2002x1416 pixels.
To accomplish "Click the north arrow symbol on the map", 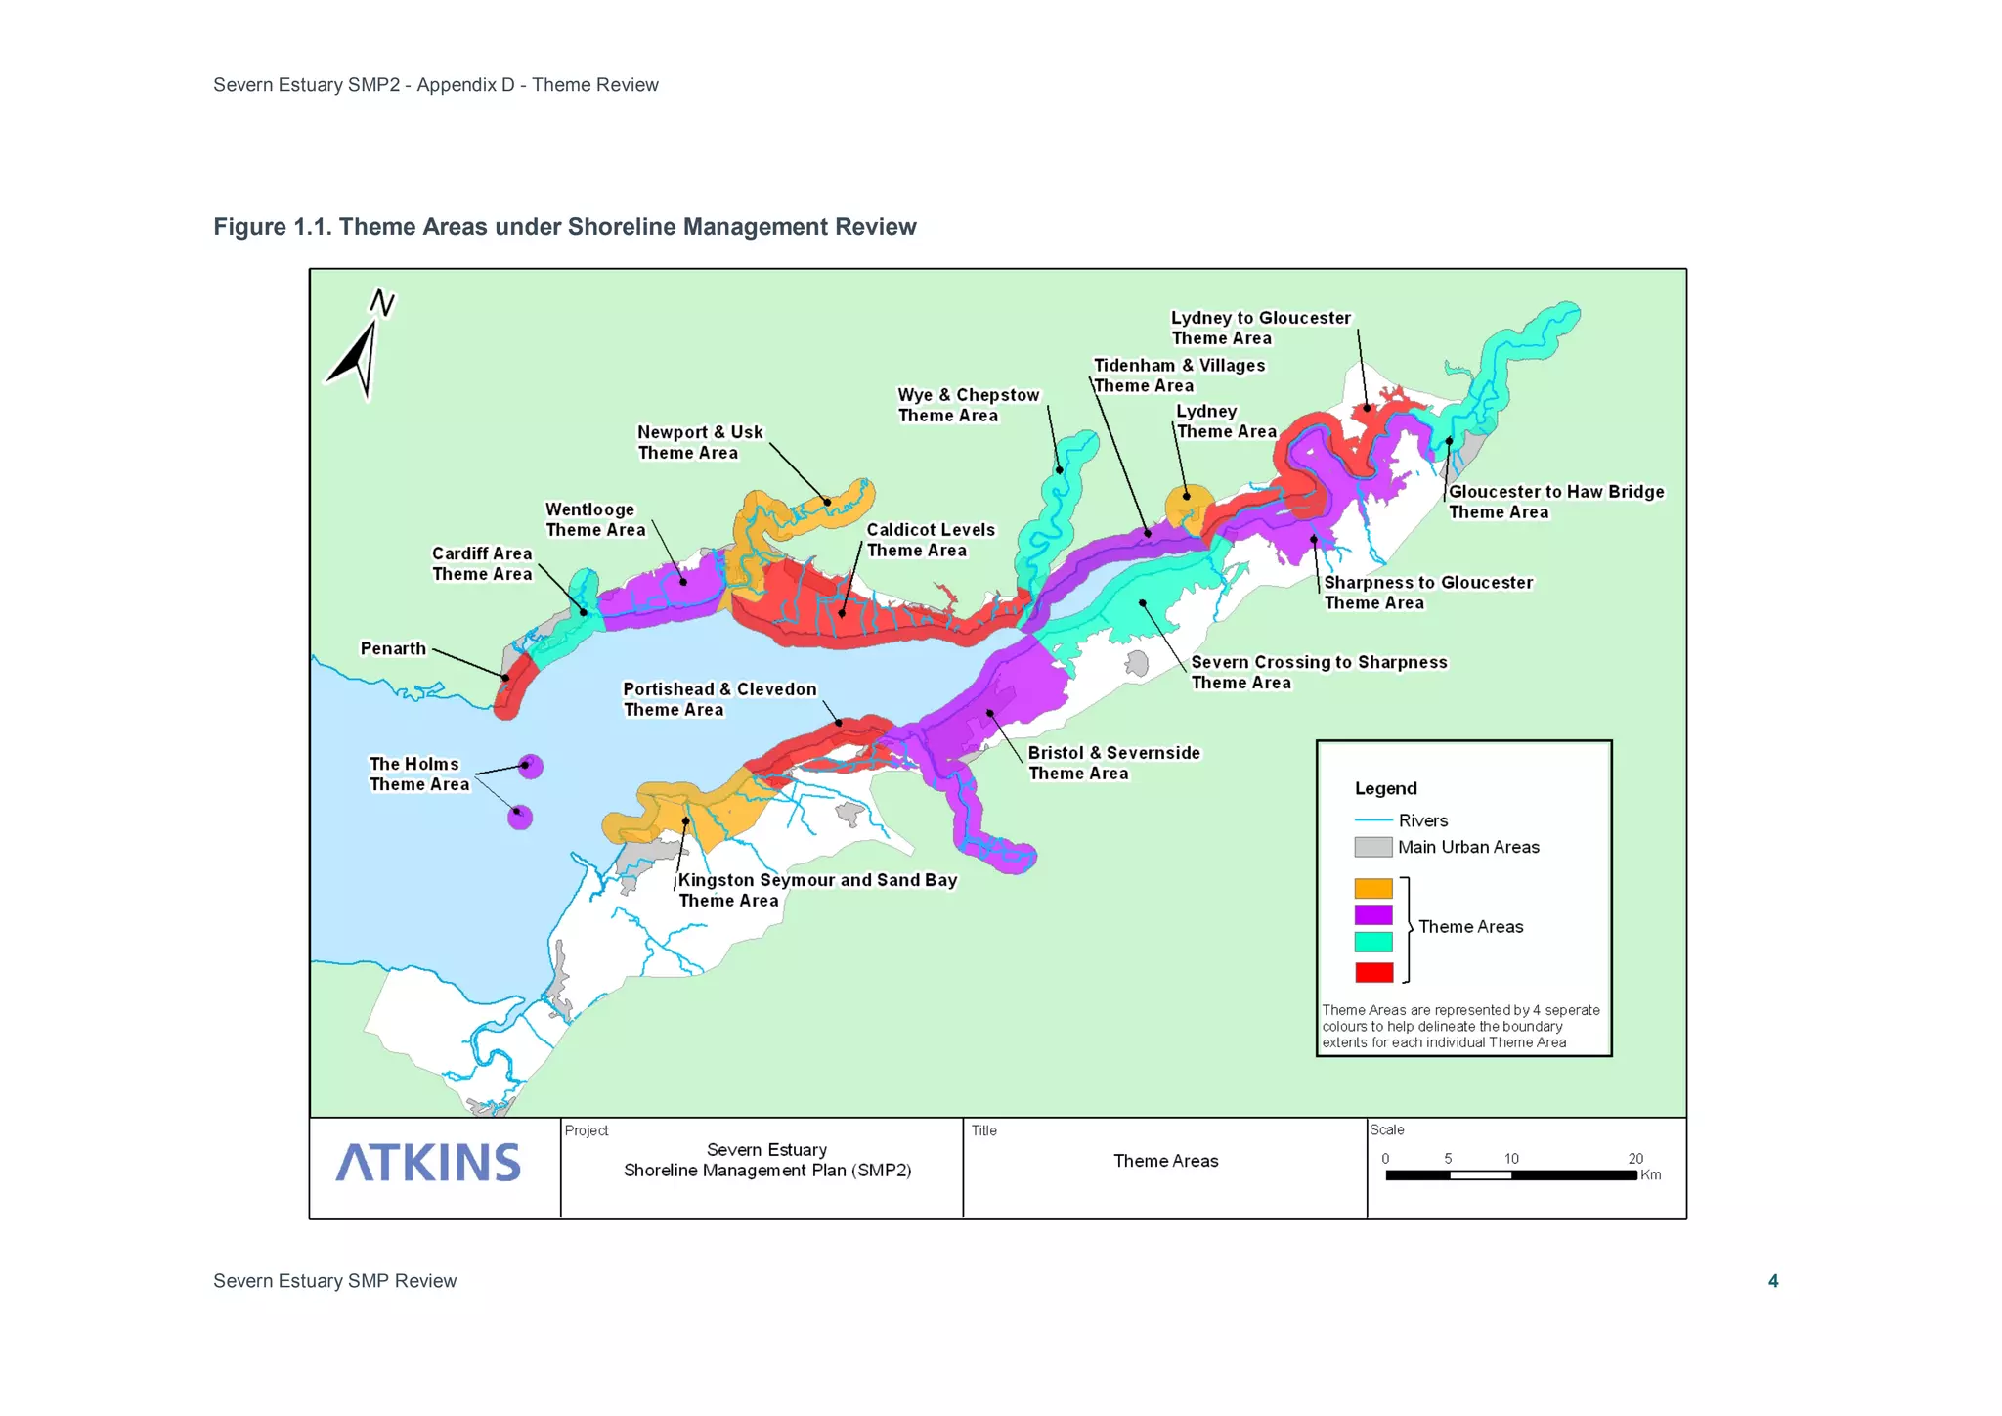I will point(360,348).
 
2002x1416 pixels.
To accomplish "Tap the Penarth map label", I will point(393,648).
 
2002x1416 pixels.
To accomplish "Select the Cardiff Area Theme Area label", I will point(482,563).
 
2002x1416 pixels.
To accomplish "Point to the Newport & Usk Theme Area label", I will point(699,442).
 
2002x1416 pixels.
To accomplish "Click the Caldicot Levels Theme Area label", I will point(930,540).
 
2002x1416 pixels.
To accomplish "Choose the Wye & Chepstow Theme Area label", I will point(968,405).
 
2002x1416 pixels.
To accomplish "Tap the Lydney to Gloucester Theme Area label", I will point(1260,328).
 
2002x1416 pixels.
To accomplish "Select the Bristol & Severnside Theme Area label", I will point(1113,763).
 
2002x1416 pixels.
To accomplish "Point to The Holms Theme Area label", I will point(418,774).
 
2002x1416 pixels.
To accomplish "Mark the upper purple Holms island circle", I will point(531,766).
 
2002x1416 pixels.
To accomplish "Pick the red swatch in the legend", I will point(1373,972).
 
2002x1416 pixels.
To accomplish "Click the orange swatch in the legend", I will point(1373,888).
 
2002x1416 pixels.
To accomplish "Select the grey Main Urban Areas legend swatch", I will point(1373,847).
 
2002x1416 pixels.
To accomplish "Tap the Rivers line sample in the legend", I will point(1373,820).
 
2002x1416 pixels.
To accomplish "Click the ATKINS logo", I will point(428,1162).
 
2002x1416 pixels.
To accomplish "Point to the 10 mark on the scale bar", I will point(1511,1159).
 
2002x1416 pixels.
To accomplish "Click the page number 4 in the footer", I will point(1773,1281).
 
